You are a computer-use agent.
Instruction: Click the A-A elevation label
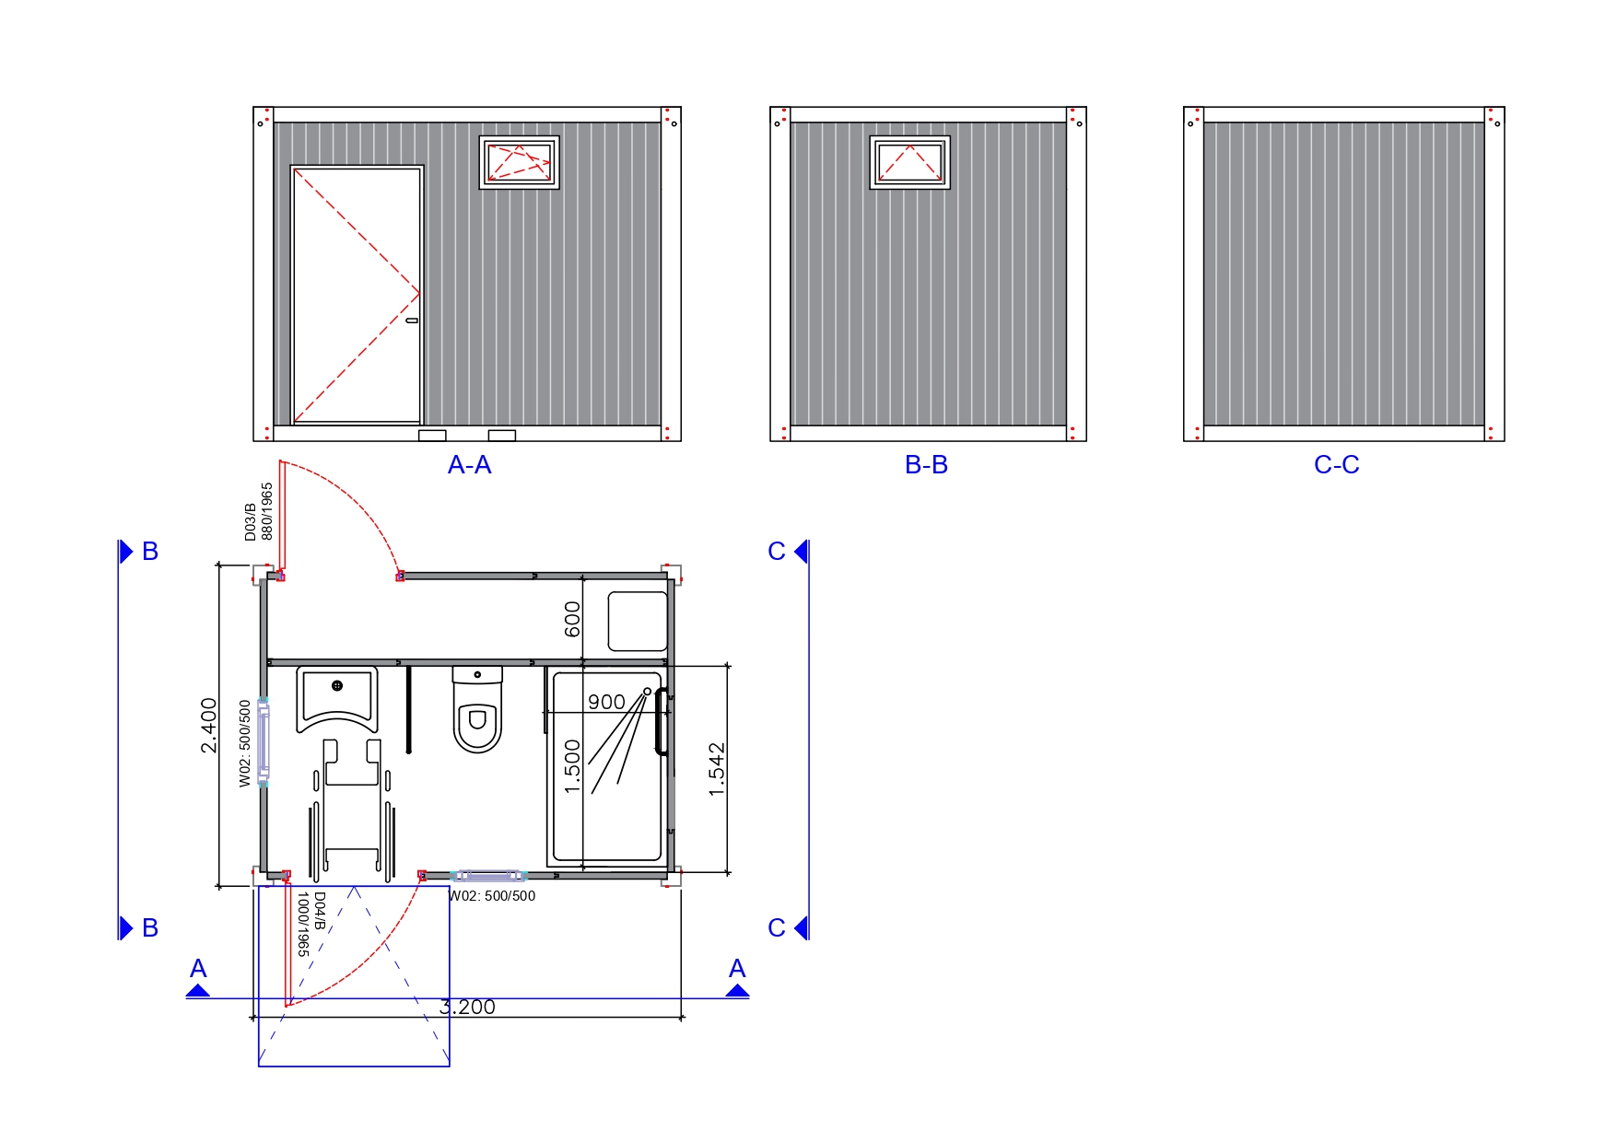pyautogui.click(x=469, y=465)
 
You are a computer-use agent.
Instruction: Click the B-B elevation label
pyautogui.click(x=926, y=465)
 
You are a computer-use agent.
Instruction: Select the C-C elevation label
pyautogui.click(x=1336, y=465)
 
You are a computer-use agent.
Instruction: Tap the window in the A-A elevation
pyautogui.click(x=519, y=163)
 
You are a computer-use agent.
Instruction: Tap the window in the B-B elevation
pyautogui.click(x=909, y=163)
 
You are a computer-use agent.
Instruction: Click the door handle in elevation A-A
pyautogui.click(x=412, y=320)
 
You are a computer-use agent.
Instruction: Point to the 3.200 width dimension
pyautogui.click(x=467, y=1008)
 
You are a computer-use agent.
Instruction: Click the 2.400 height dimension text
pyautogui.click(x=209, y=726)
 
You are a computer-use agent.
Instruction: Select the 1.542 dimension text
pyautogui.click(x=717, y=769)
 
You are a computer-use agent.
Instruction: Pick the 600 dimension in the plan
pyautogui.click(x=572, y=619)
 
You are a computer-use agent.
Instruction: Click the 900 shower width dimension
pyautogui.click(x=606, y=702)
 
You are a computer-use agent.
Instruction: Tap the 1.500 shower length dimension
pyautogui.click(x=572, y=766)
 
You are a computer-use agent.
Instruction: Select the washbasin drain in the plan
pyautogui.click(x=337, y=685)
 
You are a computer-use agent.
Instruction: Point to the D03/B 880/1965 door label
pyautogui.click(x=259, y=512)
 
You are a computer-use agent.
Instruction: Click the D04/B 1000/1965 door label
pyautogui.click(x=311, y=924)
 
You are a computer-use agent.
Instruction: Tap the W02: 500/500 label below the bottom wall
pyautogui.click(x=492, y=896)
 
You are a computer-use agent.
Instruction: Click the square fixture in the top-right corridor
pyautogui.click(x=637, y=622)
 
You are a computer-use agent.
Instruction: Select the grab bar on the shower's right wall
pyautogui.click(x=660, y=721)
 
